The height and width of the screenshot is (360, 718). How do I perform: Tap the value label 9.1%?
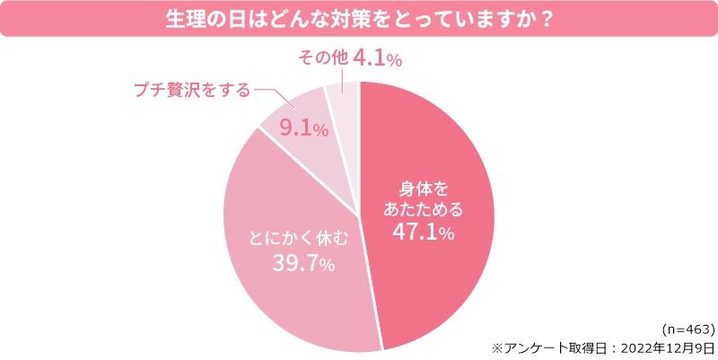tap(302, 129)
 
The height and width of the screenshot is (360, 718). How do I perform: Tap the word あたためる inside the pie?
tap(425, 211)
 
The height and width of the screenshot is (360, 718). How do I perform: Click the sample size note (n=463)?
tap(687, 329)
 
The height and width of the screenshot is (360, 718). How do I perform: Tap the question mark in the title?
tap(544, 19)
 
